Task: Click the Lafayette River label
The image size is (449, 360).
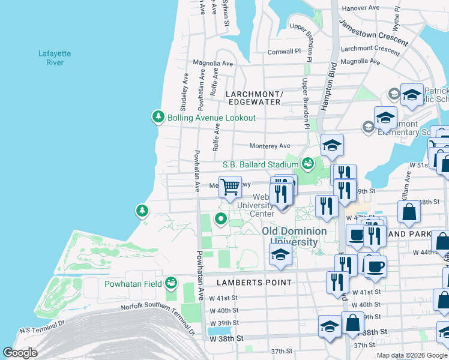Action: [x=55, y=58]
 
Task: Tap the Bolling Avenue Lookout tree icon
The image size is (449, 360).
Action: [x=158, y=117]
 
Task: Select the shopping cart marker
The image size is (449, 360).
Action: [x=230, y=187]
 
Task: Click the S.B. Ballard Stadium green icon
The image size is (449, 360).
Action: [x=307, y=163]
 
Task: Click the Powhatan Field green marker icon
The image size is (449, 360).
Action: [x=172, y=282]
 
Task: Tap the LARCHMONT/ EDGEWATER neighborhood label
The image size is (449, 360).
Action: [x=253, y=98]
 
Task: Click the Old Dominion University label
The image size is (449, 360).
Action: [x=294, y=236]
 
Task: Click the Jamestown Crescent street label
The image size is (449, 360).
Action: [x=373, y=33]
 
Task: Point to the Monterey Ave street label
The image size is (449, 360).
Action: [x=270, y=146]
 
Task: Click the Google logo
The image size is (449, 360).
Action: [x=20, y=353]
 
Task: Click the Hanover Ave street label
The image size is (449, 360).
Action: [x=361, y=8]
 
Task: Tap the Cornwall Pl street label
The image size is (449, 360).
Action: [x=284, y=52]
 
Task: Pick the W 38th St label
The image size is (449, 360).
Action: [x=227, y=338]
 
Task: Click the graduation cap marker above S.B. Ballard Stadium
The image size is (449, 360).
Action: [x=332, y=145]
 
